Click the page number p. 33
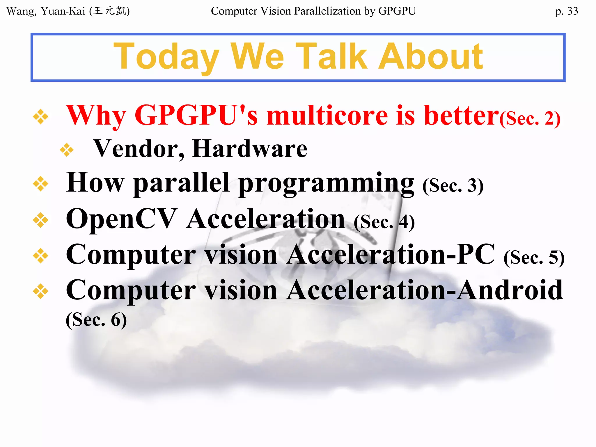point(566,11)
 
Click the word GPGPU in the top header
point(397,11)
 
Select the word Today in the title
point(166,57)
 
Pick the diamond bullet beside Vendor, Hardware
point(67,150)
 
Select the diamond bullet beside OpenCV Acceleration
point(40,220)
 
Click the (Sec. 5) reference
point(534,258)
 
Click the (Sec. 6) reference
point(96,320)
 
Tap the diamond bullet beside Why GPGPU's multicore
point(40,117)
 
